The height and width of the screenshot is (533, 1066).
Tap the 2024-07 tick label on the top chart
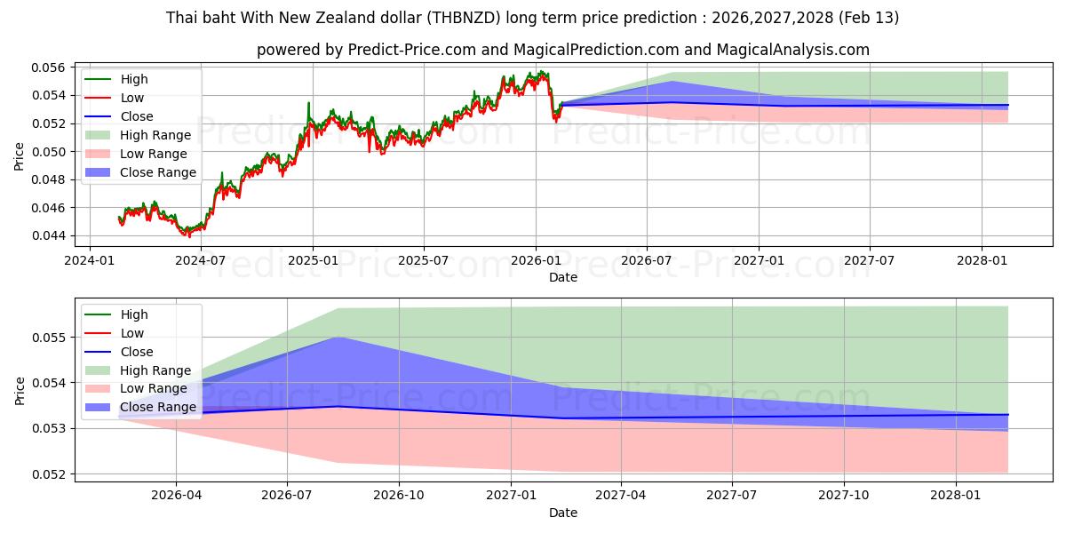pos(201,260)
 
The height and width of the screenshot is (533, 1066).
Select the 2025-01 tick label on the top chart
pos(313,260)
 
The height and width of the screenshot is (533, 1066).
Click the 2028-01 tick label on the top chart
pos(981,260)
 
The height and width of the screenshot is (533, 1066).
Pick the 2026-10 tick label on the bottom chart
pos(398,496)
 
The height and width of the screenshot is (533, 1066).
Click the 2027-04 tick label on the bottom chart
pos(620,496)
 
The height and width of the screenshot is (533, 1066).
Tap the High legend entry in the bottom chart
pos(134,314)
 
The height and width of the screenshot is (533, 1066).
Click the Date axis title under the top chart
pos(563,277)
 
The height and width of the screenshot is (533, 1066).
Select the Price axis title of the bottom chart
pos(20,391)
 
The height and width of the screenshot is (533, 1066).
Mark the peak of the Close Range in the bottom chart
pos(338,338)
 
